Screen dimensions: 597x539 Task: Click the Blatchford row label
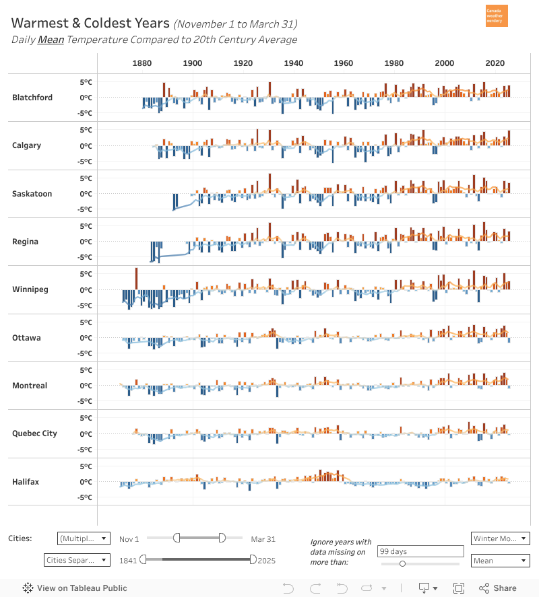click(x=32, y=98)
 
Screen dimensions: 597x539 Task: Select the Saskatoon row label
click(x=32, y=194)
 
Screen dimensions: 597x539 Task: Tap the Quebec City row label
click(x=34, y=433)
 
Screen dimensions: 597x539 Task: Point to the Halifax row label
click(x=26, y=482)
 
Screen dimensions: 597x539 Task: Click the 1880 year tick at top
click(x=141, y=63)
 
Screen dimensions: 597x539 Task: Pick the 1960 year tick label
click(x=344, y=63)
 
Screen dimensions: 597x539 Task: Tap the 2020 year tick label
click(x=495, y=63)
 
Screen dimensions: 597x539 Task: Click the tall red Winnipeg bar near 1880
click(x=136, y=279)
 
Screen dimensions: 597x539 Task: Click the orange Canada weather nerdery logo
click(x=497, y=16)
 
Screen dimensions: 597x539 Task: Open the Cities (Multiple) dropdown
click(x=84, y=538)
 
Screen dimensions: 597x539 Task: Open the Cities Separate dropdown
click(x=76, y=560)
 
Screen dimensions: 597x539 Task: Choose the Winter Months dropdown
click(x=500, y=538)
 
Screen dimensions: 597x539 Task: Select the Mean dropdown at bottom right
click(x=500, y=560)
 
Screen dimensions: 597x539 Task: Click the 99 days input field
click(x=420, y=551)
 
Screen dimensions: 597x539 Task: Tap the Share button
click(x=499, y=588)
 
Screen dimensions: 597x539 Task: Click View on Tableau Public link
click(x=75, y=588)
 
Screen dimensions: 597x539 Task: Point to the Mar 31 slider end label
click(x=263, y=539)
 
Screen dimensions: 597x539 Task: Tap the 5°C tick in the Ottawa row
click(x=86, y=322)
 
